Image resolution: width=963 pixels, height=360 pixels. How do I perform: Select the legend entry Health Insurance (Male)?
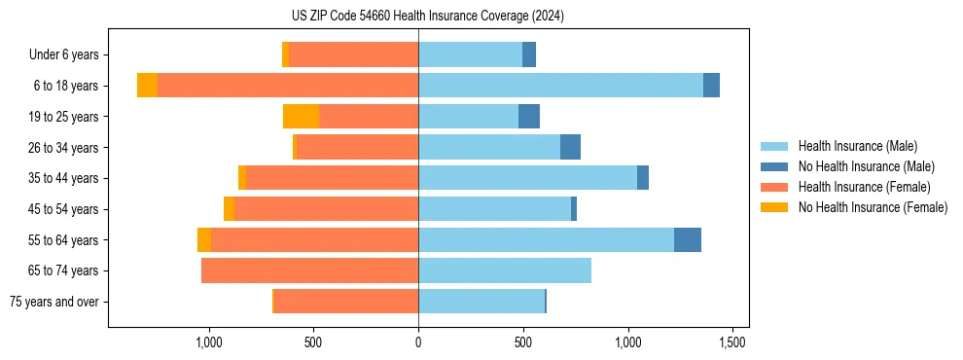[857, 146]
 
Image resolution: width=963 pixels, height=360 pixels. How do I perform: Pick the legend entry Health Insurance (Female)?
[864, 187]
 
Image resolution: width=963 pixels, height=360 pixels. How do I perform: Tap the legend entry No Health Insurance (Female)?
[873, 207]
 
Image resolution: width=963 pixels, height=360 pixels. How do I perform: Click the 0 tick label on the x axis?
[418, 342]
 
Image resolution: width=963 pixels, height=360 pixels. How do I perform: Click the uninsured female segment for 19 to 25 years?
[301, 117]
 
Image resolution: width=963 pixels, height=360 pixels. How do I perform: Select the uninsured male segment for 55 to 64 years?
[688, 239]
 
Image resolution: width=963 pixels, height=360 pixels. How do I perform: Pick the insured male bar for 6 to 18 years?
[560, 86]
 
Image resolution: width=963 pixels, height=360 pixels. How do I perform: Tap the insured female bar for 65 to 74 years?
[309, 270]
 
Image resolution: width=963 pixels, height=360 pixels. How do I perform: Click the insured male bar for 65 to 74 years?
[505, 270]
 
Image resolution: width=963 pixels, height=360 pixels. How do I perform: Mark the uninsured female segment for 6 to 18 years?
[147, 86]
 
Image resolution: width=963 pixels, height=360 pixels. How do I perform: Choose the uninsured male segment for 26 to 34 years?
[570, 147]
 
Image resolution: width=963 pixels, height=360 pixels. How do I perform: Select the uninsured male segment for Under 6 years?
[529, 54]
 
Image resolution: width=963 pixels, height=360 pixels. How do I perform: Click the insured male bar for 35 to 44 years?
[527, 178]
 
